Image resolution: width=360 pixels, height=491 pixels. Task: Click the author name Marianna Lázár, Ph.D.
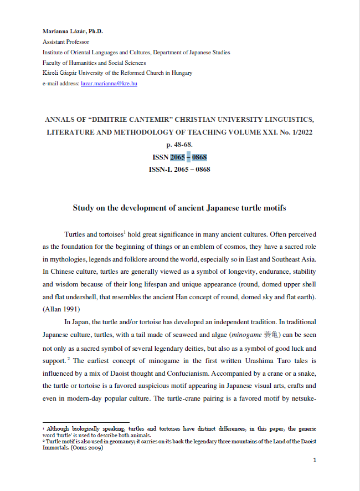[x=73, y=31]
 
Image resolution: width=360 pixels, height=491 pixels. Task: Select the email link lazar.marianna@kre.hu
[x=109, y=83]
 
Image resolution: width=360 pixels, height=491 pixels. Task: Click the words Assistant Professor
[x=66, y=42]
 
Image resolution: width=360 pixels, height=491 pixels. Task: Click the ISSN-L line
[x=180, y=169]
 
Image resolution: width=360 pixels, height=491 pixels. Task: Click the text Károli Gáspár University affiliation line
[x=117, y=73]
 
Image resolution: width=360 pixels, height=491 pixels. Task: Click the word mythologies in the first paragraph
[x=65, y=257]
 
